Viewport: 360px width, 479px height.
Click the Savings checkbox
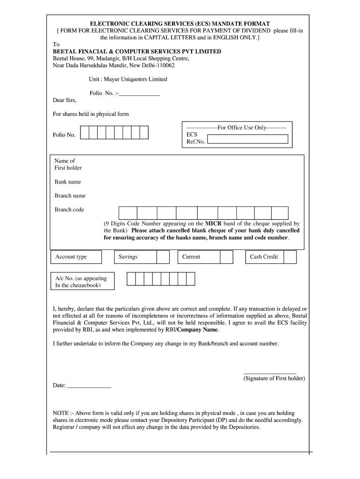tap(163, 257)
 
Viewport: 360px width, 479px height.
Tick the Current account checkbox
tap(226, 257)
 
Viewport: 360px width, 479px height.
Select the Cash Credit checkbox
tap(290, 257)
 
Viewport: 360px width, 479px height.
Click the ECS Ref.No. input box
tap(247, 139)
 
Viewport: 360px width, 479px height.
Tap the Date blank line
tap(89, 387)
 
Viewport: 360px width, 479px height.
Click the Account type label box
tap(75, 257)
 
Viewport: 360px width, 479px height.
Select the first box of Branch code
tap(128, 213)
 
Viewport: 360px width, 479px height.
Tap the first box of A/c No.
tap(131, 279)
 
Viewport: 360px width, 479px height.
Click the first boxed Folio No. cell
tap(85, 132)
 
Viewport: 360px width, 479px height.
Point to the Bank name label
tap(67, 182)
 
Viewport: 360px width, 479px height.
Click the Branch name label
tap(70, 196)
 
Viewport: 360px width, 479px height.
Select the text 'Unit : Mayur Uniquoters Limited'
tap(128, 79)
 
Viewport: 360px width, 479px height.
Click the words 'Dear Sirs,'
tap(64, 100)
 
